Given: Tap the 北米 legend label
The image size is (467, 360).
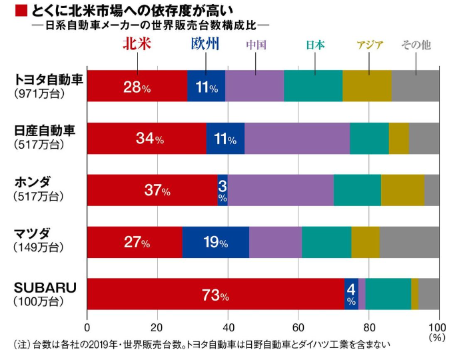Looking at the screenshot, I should pos(138,45).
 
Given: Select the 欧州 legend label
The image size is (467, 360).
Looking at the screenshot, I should pos(205,45).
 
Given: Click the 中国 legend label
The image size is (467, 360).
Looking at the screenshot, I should pos(256,45).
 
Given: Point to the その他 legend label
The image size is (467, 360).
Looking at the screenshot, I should pos(416,45).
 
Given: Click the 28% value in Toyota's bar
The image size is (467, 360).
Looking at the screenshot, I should pos(137,87).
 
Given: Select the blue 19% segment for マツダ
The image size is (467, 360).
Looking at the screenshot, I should pos(215,242).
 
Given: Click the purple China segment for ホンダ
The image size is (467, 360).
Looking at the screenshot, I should pos(280,190).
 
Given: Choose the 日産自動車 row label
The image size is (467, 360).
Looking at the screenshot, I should pos(45,130).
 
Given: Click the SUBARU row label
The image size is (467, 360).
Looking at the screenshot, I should pos(45,288).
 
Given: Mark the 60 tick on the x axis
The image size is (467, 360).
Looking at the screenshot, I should pos(298,327).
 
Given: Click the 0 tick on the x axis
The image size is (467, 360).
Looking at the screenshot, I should pos(87,327).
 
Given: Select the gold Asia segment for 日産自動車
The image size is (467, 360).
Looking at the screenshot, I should pos(398,139).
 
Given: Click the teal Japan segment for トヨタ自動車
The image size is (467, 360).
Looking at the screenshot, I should pos(313,86).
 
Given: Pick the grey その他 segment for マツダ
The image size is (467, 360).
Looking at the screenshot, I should pos(409,242).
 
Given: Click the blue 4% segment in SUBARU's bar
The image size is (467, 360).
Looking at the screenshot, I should pos(351,294).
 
